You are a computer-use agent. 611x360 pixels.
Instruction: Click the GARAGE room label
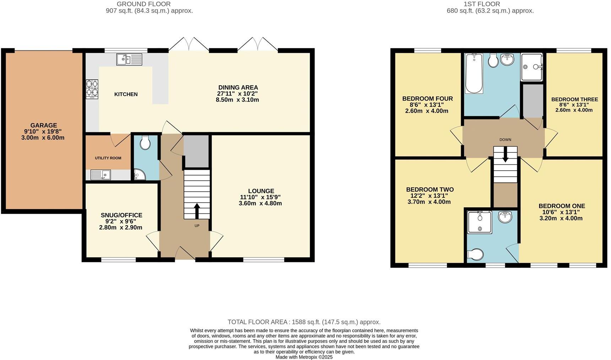pos(43,125)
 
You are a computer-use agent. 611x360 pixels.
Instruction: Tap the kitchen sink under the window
pos(129,59)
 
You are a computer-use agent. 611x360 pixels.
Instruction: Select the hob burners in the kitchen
pos(92,89)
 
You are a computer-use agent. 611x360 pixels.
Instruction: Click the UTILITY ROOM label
pos(108,158)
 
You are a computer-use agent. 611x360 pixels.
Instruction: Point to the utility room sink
pos(101,175)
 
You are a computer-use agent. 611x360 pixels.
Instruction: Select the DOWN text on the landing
pos(505,140)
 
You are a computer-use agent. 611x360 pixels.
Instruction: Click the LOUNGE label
pos(261,191)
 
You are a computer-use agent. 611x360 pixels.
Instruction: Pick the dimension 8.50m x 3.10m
pos(237,100)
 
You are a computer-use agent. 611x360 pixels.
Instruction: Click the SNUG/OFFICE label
pos(121,215)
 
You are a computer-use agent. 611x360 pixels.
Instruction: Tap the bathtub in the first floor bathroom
pos(474,73)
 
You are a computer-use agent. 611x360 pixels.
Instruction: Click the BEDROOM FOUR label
pos(427,99)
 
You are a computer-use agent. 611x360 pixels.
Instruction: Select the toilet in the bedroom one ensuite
pos(476,254)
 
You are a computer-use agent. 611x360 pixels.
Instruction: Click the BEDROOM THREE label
pos(574,99)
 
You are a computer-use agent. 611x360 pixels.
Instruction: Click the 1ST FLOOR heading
pos(482,4)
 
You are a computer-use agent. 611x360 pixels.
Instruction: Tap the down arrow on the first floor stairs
pos(505,156)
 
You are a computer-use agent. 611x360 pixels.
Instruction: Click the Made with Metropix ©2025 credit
pos(304,357)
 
